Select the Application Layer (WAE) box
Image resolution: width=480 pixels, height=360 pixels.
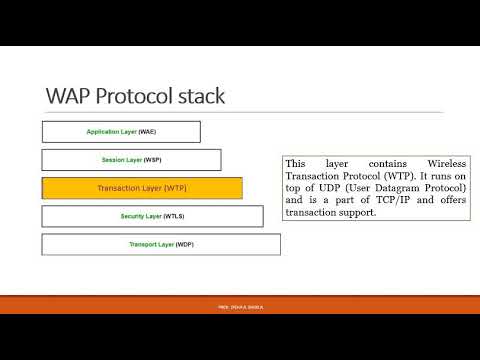click(121, 131)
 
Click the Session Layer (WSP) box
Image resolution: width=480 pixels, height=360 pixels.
click(131, 160)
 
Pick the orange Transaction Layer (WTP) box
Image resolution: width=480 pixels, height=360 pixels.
click(142, 188)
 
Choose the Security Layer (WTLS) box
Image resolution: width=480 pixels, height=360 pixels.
click(151, 216)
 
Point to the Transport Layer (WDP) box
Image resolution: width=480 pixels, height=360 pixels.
click(161, 244)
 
